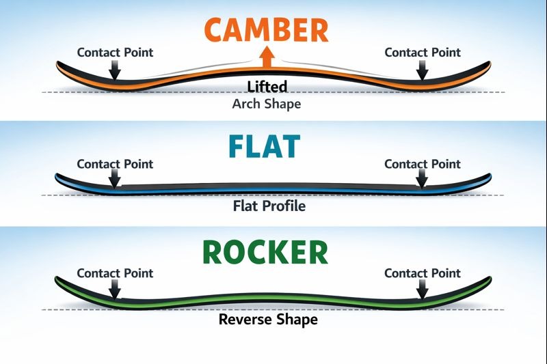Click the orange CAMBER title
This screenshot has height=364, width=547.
pos(266,31)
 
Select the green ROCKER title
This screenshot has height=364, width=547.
pos(266,252)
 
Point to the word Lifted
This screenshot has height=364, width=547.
pos(267,87)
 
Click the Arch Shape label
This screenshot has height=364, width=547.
pos(266,104)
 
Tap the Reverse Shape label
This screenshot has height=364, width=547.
pos(268,319)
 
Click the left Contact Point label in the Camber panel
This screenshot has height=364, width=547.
pos(115,52)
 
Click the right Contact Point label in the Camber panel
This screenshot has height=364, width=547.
pos(423,52)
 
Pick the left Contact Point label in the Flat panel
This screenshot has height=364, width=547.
pos(115,164)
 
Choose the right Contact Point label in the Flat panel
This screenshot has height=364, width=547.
pos(423,164)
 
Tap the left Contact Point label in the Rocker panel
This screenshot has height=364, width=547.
pos(115,273)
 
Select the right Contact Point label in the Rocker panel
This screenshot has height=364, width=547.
pos(423,273)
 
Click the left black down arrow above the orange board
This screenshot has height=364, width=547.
pos(115,70)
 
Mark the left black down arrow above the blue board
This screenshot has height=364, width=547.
pos(115,180)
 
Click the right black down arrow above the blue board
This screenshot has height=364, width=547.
pos(423,180)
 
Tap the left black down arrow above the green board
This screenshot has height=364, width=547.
pos(115,290)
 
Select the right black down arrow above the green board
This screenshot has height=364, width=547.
pos(423,290)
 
